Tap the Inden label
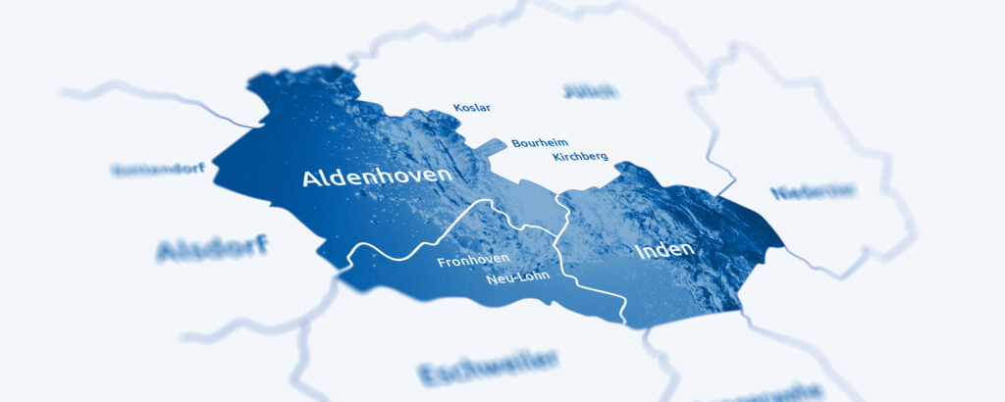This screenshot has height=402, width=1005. [x=664, y=250]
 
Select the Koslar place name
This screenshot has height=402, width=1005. [x=471, y=107]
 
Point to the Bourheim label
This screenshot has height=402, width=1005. [x=539, y=143]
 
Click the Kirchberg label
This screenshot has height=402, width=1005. [x=580, y=157]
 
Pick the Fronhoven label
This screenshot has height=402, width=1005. [x=473, y=261]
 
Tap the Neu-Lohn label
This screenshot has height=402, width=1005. [x=517, y=278]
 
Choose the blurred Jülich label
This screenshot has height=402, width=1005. [x=590, y=92]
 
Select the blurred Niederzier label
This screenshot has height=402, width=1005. [x=812, y=192]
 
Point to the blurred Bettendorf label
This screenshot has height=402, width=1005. [x=159, y=169]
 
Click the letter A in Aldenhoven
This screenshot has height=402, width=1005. [x=310, y=178]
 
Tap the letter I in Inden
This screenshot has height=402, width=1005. [x=638, y=251]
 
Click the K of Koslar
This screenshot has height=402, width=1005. [x=457, y=107]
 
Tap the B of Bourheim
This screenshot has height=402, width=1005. [x=515, y=143]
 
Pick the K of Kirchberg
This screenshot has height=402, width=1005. [x=556, y=157]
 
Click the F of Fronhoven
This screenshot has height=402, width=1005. [x=441, y=262]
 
